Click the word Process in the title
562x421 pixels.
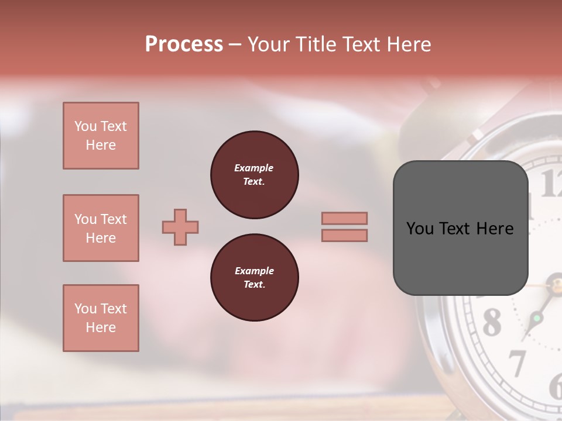click(x=184, y=44)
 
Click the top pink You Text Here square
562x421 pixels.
click(x=101, y=136)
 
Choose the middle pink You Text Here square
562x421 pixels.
click(x=101, y=228)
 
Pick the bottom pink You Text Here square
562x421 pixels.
click(x=101, y=318)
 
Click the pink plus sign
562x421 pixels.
click(x=180, y=227)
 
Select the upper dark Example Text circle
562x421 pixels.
click(x=254, y=175)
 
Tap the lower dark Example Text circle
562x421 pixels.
click(x=254, y=278)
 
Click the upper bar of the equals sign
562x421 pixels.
click(x=344, y=218)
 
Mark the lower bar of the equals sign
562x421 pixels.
click(x=344, y=235)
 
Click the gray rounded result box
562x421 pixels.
click(x=460, y=228)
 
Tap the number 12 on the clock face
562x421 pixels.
click(x=550, y=184)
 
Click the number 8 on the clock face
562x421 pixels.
click(x=492, y=322)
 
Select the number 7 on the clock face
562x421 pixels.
click(x=516, y=363)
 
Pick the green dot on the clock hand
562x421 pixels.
click(x=536, y=319)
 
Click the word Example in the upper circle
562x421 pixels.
click(x=254, y=168)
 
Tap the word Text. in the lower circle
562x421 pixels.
click(x=254, y=285)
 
